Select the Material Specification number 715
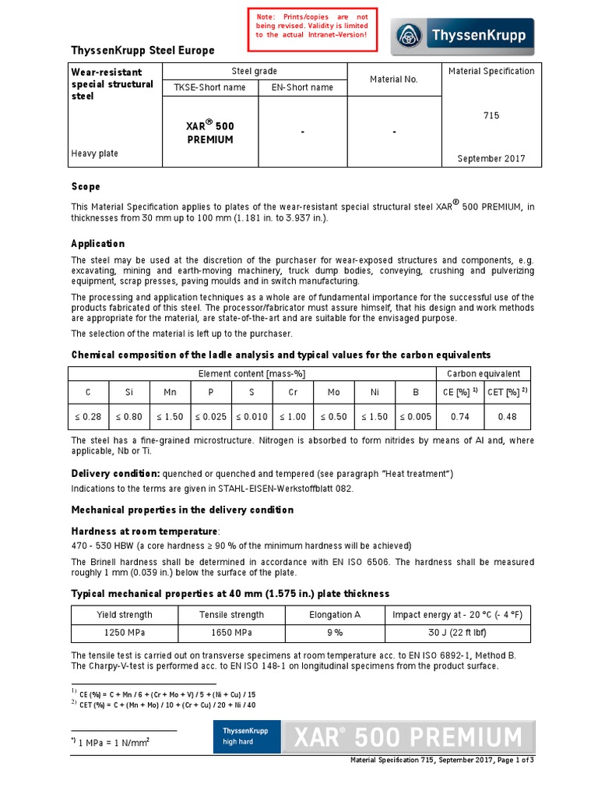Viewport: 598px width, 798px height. tap(491, 115)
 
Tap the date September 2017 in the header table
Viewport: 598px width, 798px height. tap(491, 158)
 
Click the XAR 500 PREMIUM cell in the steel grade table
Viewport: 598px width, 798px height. tap(209, 132)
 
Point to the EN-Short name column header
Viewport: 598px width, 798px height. tap(301, 87)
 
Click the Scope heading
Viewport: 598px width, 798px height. tap(86, 187)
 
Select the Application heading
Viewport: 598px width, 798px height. tap(98, 243)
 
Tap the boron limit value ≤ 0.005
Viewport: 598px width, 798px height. tap(415, 417)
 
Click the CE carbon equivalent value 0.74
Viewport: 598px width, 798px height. tap(460, 417)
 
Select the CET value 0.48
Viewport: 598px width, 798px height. tap(507, 417)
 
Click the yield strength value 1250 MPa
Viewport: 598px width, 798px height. tap(125, 634)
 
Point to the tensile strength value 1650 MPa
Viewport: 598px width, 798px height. tap(232, 634)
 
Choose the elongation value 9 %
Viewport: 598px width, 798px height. tap(335, 634)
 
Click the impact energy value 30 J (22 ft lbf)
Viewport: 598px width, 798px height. tap(458, 634)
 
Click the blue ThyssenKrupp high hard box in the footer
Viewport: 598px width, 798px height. tap(245, 736)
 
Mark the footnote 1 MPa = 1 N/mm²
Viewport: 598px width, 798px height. tap(113, 741)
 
